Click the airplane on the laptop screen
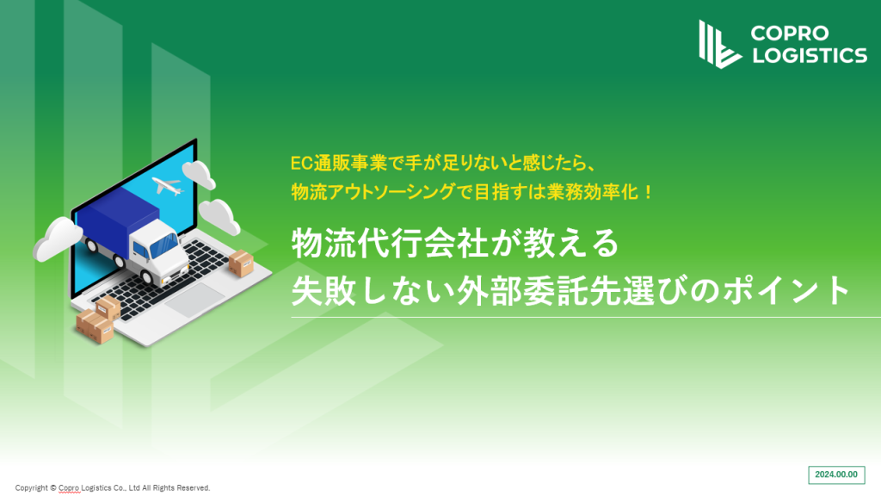coord(168,186)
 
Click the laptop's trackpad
coord(194,301)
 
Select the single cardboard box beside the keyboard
coord(241,263)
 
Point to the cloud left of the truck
coord(58,239)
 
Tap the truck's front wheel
coord(148,276)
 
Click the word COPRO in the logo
coord(790,34)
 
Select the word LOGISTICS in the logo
coord(810,55)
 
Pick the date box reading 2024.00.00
coord(836,474)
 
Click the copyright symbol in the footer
coord(52,488)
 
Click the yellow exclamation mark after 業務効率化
coord(648,192)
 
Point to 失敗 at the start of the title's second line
coord(323,290)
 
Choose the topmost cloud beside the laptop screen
coord(199,174)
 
